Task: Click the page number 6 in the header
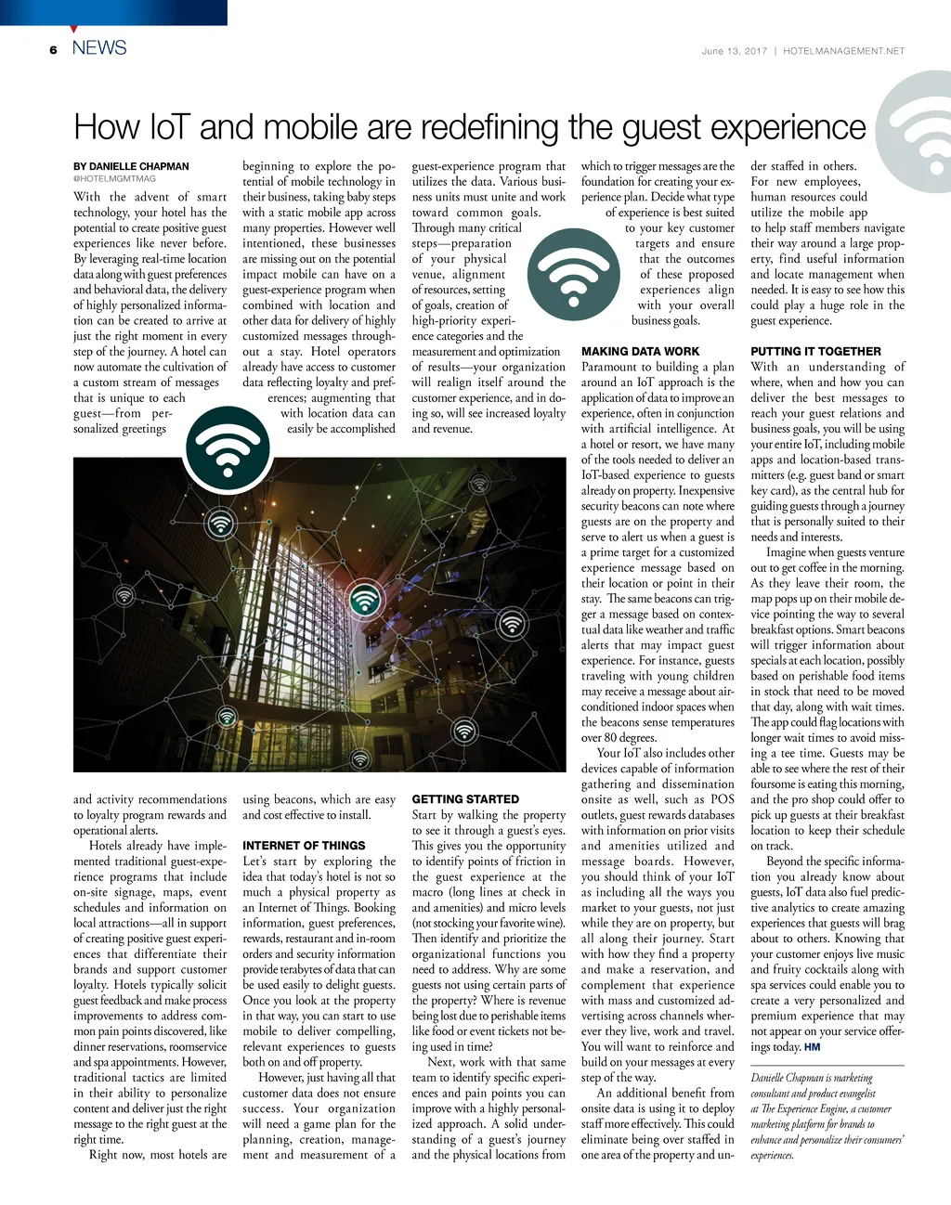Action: coord(54,49)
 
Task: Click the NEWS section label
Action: coord(99,47)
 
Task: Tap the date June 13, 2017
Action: coord(734,51)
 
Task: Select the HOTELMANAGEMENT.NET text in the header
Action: coord(843,51)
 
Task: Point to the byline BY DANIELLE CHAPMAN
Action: coord(131,167)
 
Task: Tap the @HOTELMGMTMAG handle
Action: coord(114,178)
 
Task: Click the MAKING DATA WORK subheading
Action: coord(640,352)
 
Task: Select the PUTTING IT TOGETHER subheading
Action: coord(815,352)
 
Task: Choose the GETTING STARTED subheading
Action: coord(465,799)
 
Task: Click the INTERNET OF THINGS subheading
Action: coord(304,846)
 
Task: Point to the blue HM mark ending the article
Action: coord(812,1047)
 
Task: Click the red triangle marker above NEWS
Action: coord(74,29)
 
